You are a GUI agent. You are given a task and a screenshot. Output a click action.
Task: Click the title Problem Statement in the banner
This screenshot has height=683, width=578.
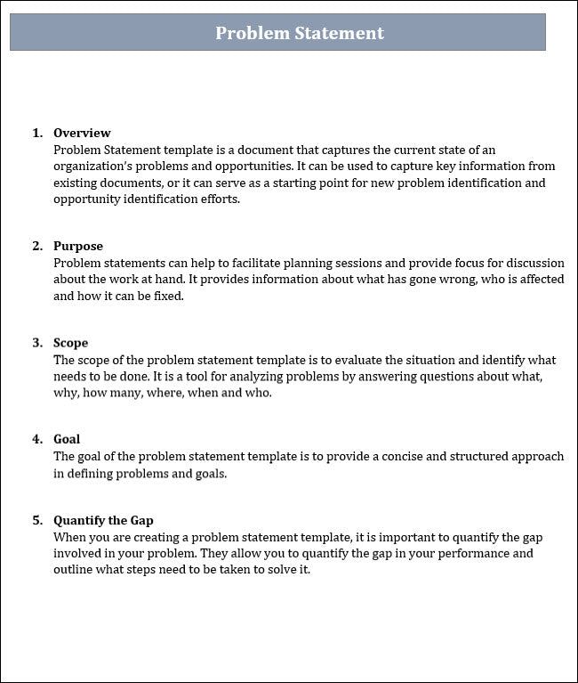pyautogui.click(x=300, y=33)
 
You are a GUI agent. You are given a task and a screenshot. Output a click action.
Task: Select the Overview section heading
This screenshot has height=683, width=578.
pyautogui.click(x=82, y=133)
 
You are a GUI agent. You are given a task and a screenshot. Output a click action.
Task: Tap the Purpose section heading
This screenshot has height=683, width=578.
pyautogui.click(x=78, y=246)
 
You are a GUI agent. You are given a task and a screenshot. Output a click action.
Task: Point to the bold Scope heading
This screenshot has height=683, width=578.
pyautogui.click(x=70, y=343)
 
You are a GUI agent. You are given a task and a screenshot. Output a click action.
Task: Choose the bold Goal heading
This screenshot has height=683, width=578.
pyautogui.click(x=67, y=439)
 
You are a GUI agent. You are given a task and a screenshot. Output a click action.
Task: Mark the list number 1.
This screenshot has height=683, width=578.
pyautogui.click(x=36, y=133)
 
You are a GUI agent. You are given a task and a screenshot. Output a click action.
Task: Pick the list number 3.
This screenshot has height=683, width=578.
pyautogui.click(x=36, y=343)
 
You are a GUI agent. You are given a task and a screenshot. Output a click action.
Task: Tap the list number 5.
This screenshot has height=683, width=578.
pyautogui.click(x=36, y=520)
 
